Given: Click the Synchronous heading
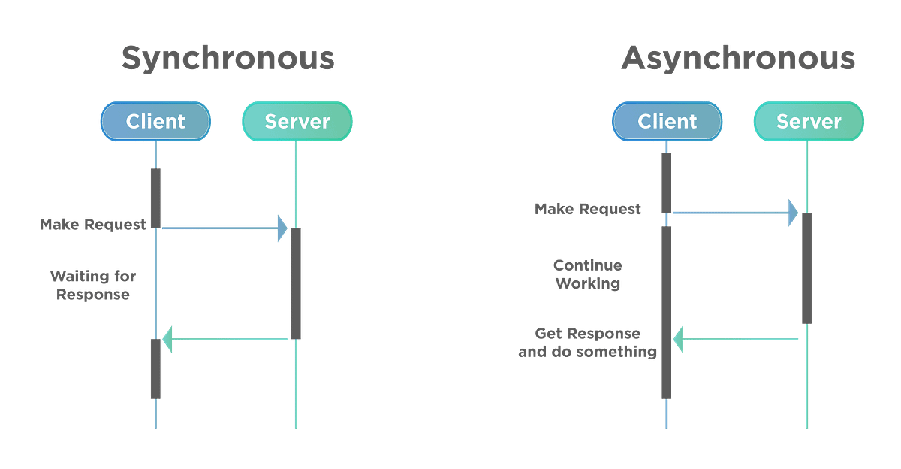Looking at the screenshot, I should click(228, 59).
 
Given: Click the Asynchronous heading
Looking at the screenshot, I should click(738, 59).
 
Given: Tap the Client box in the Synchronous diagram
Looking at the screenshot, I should click(155, 121).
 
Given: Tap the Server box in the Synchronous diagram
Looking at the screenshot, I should click(297, 121).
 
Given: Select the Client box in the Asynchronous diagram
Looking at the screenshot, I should click(667, 121).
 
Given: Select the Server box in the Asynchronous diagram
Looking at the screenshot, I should click(808, 121).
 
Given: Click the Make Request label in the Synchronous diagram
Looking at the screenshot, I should click(93, 225).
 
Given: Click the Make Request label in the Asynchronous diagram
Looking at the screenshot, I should click(588, 209).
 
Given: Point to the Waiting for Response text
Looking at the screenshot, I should click(93, 286).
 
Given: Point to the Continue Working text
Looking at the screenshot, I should click(588, 274).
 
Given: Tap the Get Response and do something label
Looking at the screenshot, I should click(588, 342).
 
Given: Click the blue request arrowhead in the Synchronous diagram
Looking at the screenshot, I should click(282, 228).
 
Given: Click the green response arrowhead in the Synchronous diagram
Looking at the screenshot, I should click(168, 340).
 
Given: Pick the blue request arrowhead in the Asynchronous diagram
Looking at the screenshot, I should click(793, 213).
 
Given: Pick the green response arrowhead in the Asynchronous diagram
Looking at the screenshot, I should click(677, 340).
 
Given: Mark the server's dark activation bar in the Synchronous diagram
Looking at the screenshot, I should click(296, 283).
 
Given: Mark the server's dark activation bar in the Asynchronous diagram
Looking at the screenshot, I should click(806, 268).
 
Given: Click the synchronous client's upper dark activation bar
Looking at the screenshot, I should click(155, 198).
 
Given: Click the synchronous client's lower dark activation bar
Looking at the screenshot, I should click(155, 368).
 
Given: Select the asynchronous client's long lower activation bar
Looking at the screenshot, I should click(666, 312).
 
